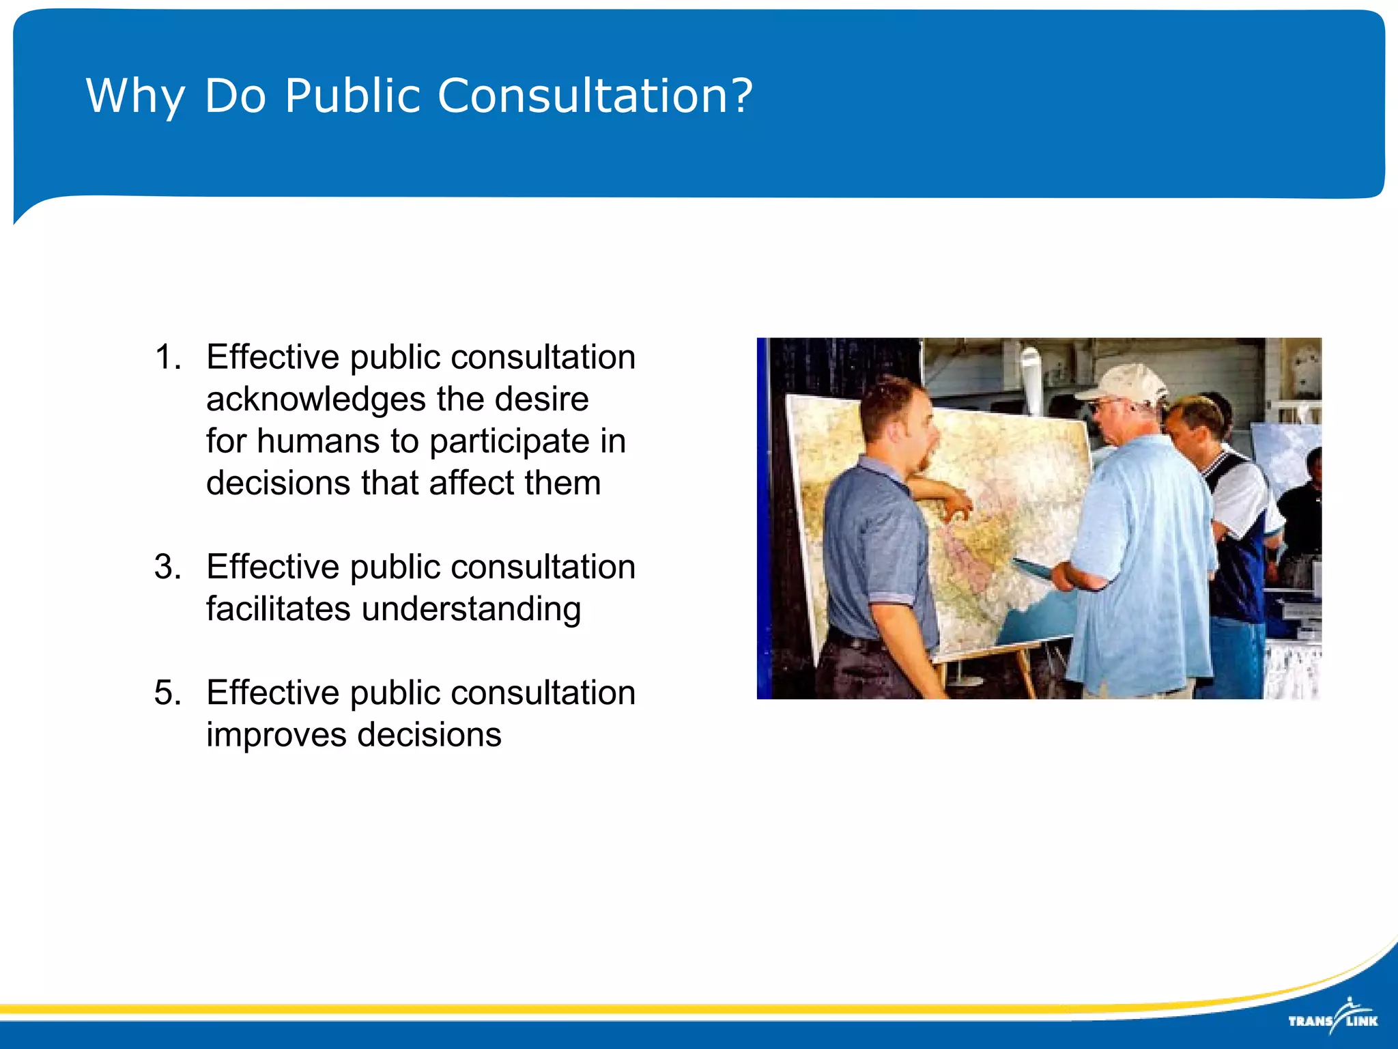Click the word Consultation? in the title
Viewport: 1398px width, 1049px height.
595,96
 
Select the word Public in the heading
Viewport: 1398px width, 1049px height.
352,96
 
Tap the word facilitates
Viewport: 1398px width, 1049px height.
279,609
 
